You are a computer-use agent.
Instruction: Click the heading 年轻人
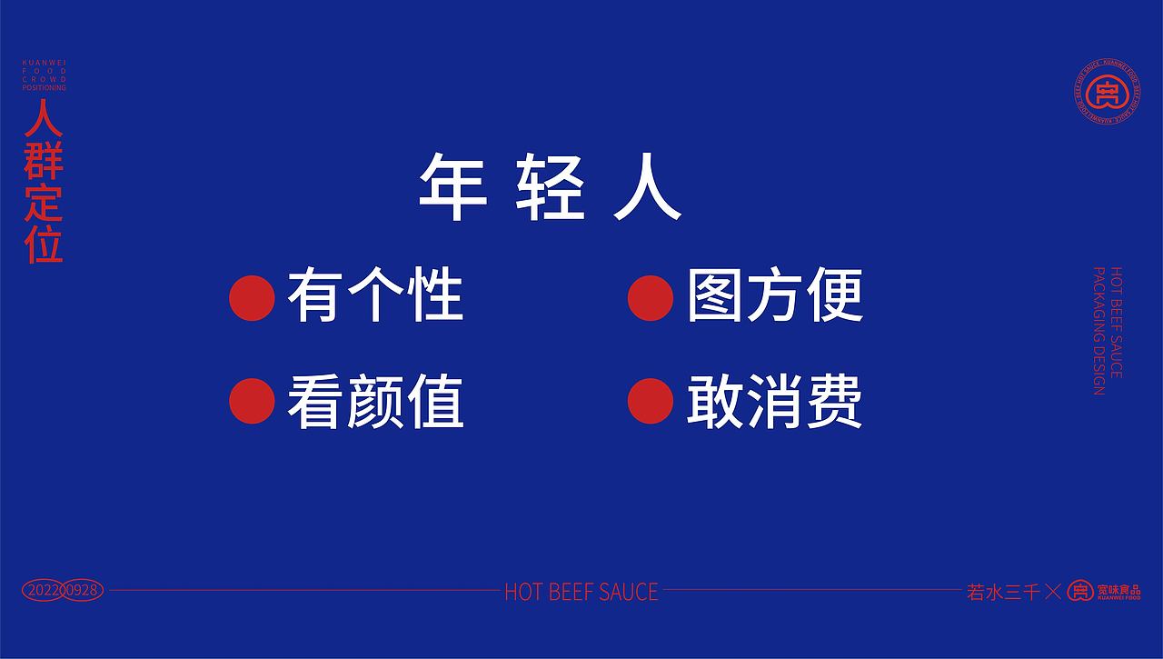click(549, 188)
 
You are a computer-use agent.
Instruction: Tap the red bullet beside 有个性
click(252, 296)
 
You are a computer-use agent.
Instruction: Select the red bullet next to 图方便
click(651, 296)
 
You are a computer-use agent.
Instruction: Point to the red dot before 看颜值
click(252, 401)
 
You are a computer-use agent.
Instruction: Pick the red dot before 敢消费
click(651, 401)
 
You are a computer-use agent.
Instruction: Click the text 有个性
click(374, 296)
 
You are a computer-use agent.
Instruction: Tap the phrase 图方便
click(774, 296)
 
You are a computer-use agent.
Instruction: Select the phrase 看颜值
click(374, 402)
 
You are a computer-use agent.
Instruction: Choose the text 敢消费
click(774, 402)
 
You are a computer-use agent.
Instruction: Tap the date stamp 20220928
click(62, 591)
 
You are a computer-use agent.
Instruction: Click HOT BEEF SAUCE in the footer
click(581, 592)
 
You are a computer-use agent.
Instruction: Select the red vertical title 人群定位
click(45, 182)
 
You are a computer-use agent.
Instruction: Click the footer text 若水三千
click(1002, 592)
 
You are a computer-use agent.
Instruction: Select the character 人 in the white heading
click(647, 188)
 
